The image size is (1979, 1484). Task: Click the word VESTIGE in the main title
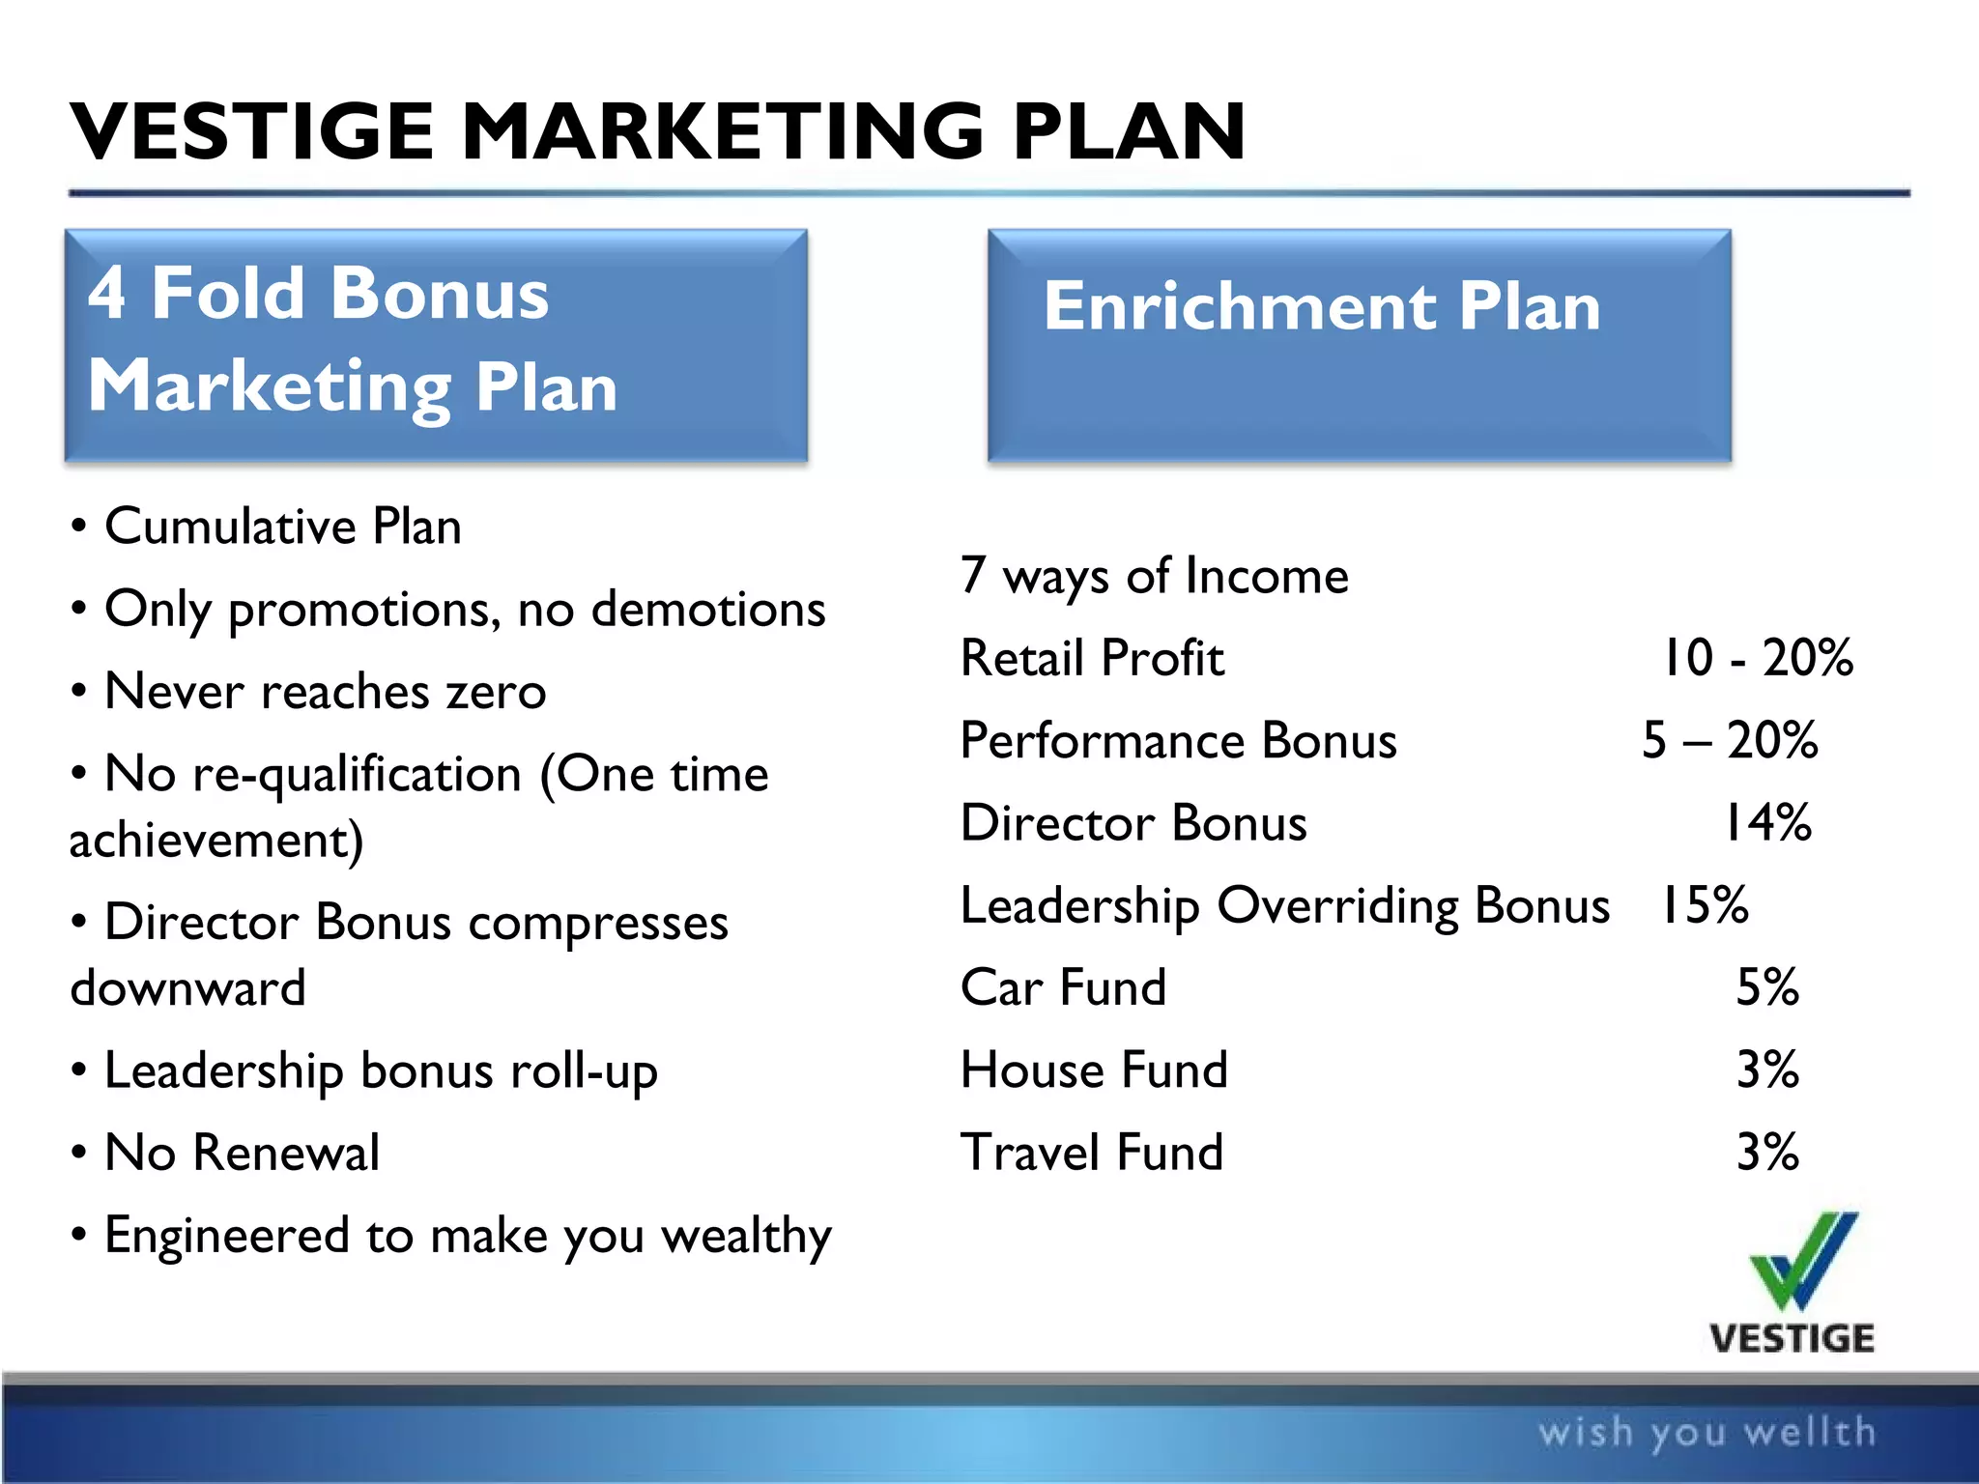(253, 132)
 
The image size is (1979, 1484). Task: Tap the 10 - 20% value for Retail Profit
(1757, 659)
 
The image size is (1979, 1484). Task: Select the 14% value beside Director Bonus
(1767, 824)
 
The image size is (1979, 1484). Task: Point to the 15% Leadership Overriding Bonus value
(1704, 906)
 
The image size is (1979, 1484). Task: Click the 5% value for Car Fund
(1767, 988)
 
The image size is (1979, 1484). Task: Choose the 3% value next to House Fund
(1767, 1070)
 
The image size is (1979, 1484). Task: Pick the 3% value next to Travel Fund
(1767, 1153)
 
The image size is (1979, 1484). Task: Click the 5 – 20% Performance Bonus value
(1730, 741)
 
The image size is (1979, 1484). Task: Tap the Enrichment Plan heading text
(1322, 306)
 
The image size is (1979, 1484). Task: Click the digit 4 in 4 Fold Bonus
(107, 293)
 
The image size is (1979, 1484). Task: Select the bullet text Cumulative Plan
(282, 527)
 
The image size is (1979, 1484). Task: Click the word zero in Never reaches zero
(496, 692)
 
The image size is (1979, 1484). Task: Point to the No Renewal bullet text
(242, 1153)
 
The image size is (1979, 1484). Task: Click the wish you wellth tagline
(1707, 1432)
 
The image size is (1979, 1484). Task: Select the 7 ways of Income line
(1154, 577)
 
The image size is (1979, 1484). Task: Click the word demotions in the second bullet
(708, 610)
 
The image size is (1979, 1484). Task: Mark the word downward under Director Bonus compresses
(188, 988)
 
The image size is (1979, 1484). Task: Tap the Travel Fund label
(1092, 1153)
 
